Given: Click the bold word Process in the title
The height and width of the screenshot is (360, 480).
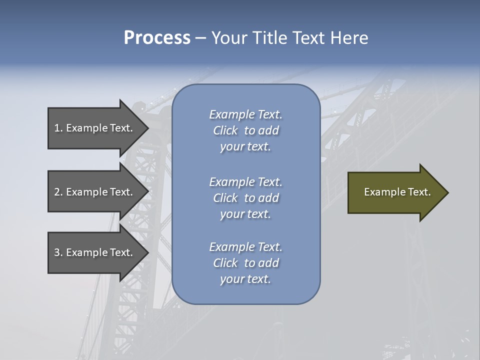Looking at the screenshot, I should tap(157, 38).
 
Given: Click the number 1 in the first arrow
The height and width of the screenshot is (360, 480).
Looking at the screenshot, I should tap(57, 128).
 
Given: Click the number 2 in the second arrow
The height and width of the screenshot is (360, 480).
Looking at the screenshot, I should tap(57, 192).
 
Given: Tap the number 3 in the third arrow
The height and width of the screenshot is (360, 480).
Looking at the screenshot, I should tap(57, 252).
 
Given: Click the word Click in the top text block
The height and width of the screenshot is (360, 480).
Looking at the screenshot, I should tap(225, 130).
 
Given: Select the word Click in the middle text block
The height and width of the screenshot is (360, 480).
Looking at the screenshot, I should tap(225, 198).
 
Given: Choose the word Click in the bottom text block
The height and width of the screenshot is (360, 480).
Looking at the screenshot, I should tap(225, 263).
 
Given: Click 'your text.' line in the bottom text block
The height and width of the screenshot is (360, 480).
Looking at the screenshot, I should tap(245, 279).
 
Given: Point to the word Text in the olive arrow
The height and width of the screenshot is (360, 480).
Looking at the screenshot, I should tap(419, 192).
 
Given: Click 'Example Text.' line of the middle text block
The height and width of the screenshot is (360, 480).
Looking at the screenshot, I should tap(245, 181).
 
